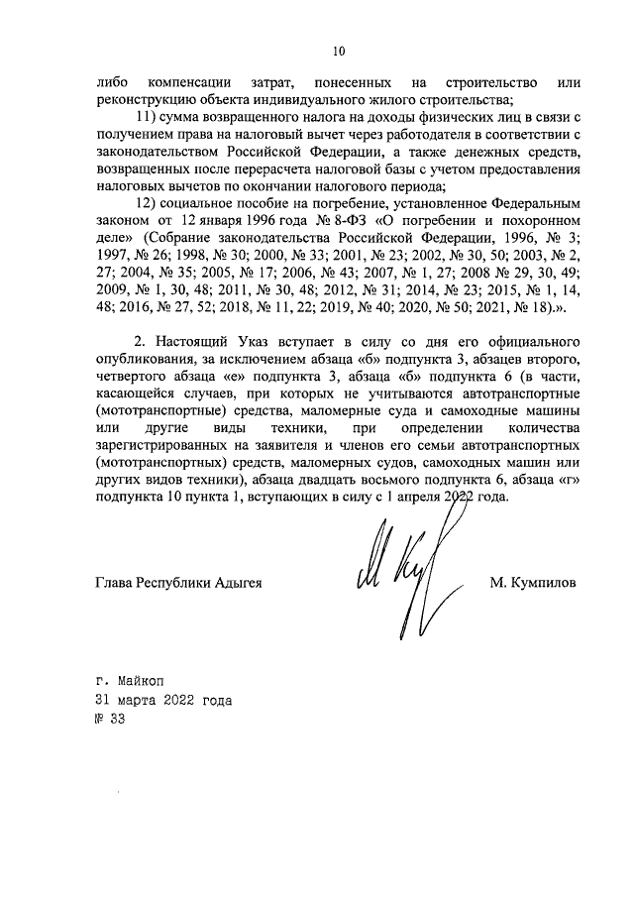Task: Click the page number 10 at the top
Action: tap(338, 51)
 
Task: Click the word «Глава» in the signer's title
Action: tap(115, 582)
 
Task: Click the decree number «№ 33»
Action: tap(110, 719)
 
